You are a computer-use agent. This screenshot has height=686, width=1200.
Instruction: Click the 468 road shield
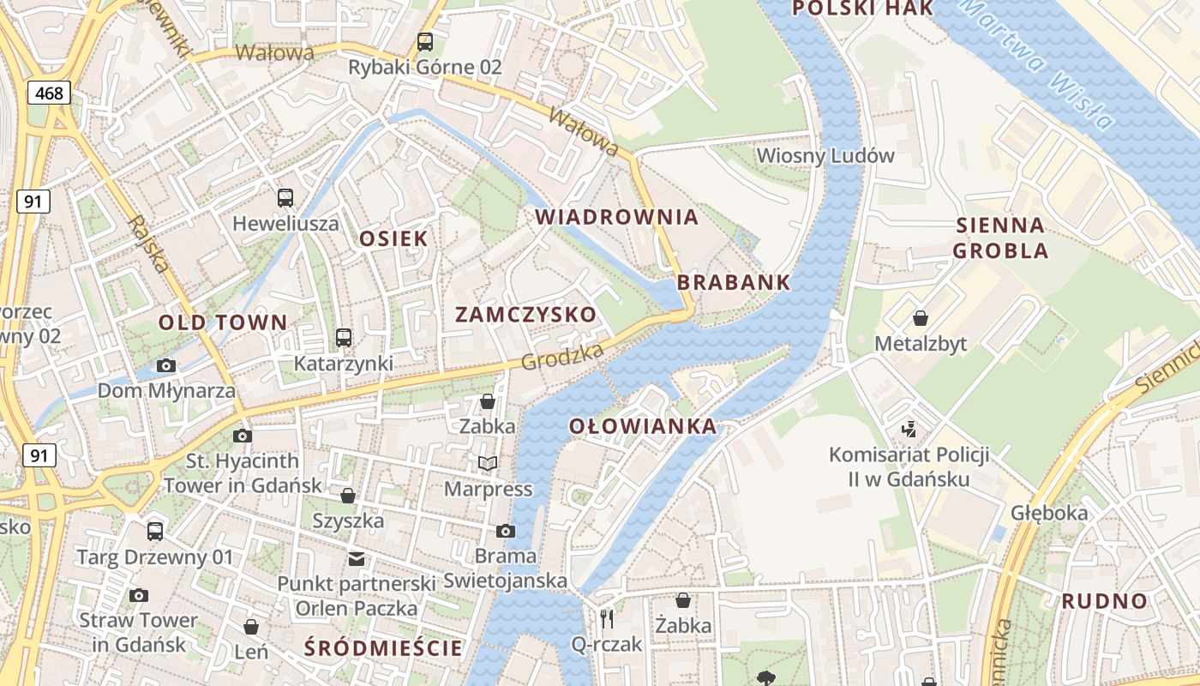point(50,93)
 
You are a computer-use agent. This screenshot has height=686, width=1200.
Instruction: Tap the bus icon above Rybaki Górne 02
point(424,41)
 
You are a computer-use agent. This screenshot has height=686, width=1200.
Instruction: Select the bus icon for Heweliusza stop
point(285,198)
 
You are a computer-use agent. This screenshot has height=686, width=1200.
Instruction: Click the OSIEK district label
point(393,238)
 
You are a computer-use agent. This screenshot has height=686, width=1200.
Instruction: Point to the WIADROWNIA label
point(617,217)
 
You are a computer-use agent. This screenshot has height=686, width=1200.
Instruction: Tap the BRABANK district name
point(734,282)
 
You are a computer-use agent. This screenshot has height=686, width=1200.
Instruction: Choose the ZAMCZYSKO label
point(525,314)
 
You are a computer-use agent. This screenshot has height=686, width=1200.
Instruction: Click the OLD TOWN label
point(223,322)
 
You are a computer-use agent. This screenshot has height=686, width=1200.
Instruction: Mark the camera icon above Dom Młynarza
point(166,366)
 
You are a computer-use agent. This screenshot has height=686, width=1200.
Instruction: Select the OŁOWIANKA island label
point(643,426)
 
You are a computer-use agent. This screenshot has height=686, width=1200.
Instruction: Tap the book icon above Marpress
point(488,464)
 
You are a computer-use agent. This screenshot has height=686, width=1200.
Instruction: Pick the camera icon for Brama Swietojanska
point(506,531)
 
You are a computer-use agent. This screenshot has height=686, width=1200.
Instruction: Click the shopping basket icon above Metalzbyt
point(921,318)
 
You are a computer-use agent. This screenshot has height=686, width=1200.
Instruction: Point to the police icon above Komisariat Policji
point(909,428)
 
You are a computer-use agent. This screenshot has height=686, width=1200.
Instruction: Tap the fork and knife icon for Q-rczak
point(607,618)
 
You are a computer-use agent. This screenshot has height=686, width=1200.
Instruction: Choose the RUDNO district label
point(1104,601)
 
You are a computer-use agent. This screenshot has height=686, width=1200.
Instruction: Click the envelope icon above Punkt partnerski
point(356,559)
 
